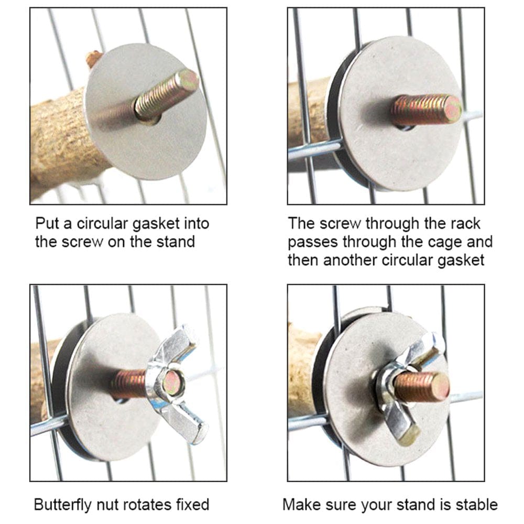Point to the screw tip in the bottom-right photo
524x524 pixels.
440,388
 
